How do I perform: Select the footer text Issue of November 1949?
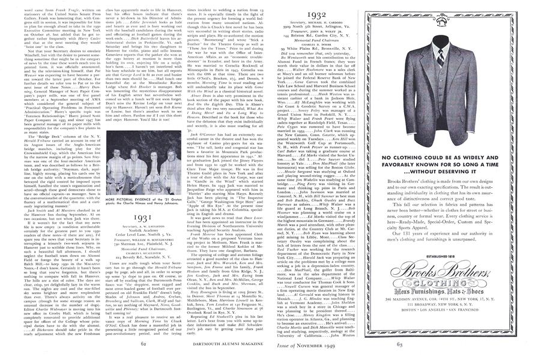(x=298, y=343)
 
